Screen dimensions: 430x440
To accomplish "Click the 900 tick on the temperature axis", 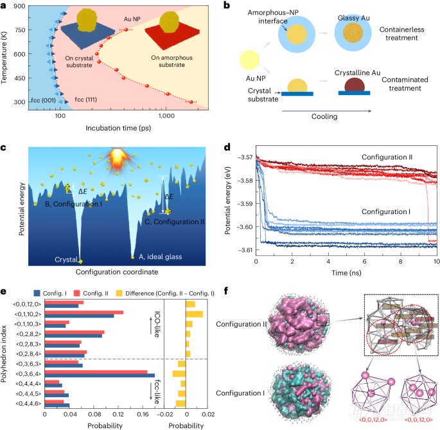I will coord(19,6).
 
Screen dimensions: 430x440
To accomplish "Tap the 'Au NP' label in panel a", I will coord(132,19).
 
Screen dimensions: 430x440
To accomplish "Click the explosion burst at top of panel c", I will coord(118,158).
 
